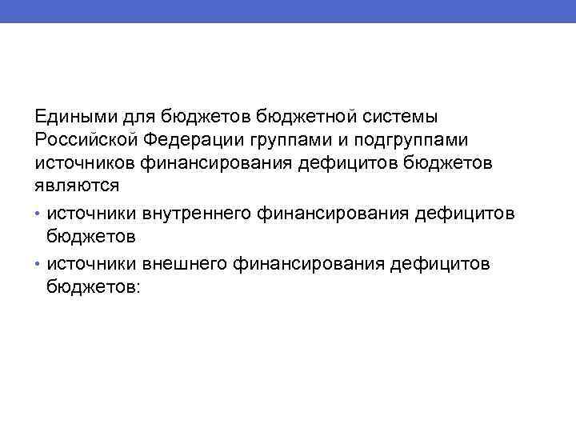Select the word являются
[x=77, y=186]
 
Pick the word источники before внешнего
[x=91, y=263]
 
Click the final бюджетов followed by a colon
[x=93, y=286]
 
